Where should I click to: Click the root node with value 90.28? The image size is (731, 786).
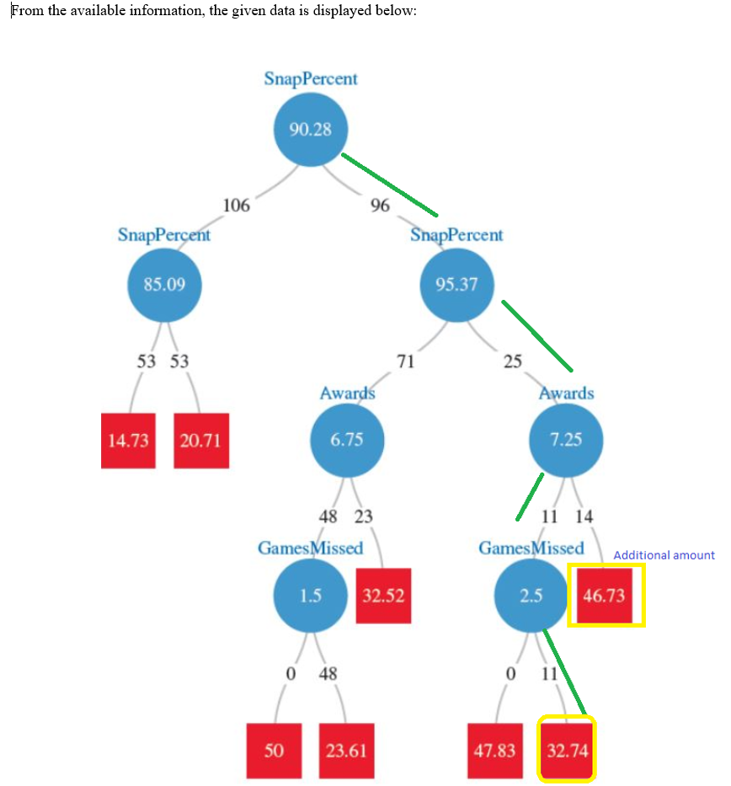pos(310,130)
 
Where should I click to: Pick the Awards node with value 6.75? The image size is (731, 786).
pos(347,440)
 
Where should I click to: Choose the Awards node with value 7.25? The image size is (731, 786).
pos(565,440)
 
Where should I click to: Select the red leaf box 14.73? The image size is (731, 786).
pos(129,441)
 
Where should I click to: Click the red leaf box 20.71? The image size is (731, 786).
pos(201,441)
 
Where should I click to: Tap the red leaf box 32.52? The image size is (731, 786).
pos(383,596)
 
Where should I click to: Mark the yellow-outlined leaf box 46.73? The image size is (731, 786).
pos(605,596)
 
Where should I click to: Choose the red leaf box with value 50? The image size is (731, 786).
pos(274,751)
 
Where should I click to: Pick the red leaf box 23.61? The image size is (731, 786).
pos(347,751)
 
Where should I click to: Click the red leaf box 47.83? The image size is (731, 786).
pos(494,751)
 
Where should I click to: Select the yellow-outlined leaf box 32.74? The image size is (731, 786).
pos(567,751)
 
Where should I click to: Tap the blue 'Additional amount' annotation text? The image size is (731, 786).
pos(664,555)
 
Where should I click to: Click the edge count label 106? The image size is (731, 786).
pos(236,205)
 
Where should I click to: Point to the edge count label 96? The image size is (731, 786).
pos(380,205)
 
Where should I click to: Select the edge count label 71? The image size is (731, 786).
pos(406,362)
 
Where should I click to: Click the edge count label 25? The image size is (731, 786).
pos(512,362)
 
